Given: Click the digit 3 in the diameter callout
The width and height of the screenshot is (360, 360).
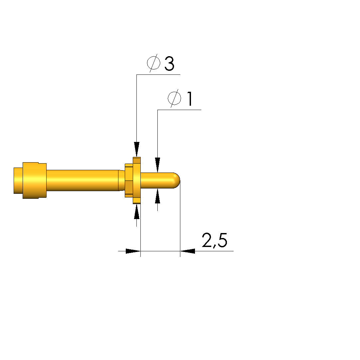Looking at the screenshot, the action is pyautogui.click(x=169, y=63).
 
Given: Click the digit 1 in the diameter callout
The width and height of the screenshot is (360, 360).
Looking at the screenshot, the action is pyautogui.click(x=190, y=99).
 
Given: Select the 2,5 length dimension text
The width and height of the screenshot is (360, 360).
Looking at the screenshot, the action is pyautogui.click(x=215, y=240).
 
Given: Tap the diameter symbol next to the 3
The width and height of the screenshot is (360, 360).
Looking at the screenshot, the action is pyautogui.click(x=153, y=63).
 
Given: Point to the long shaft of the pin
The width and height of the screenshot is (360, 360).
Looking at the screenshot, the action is pyautogui.click(x=83, y=180).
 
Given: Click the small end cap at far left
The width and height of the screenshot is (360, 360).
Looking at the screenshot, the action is pyautogui.click(x=18, y=180).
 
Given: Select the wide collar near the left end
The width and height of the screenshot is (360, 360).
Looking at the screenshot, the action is pyautogui.click(x=35, y=180).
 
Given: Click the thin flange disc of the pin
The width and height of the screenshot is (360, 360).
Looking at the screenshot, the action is pyautogui.click(x=137, y=180).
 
